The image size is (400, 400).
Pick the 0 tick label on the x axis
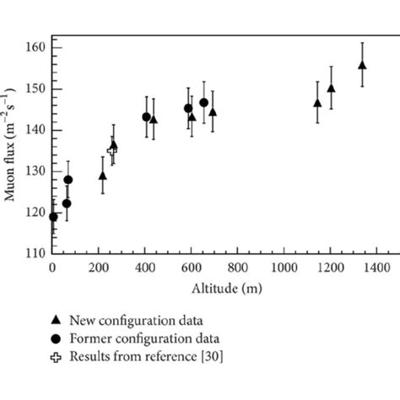[x=53, y=268]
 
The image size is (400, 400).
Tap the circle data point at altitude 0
[x=53, y=217]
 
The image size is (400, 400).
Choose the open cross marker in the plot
[x=111, y=150]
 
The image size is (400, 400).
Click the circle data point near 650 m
[x=203, y=103]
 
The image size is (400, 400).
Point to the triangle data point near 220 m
[x=103, y=176]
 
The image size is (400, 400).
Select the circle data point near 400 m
[x=146, y=117]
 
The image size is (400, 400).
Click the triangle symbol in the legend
[x=57, y=320]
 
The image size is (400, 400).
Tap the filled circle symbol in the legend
[x=57, y=338]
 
